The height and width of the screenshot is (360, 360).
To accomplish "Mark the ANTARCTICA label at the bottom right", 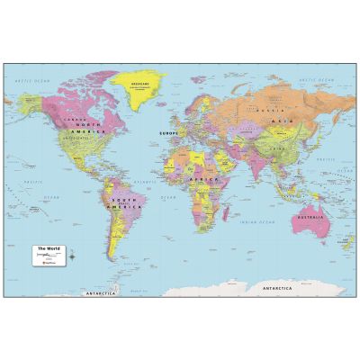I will (x=278, y=287).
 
